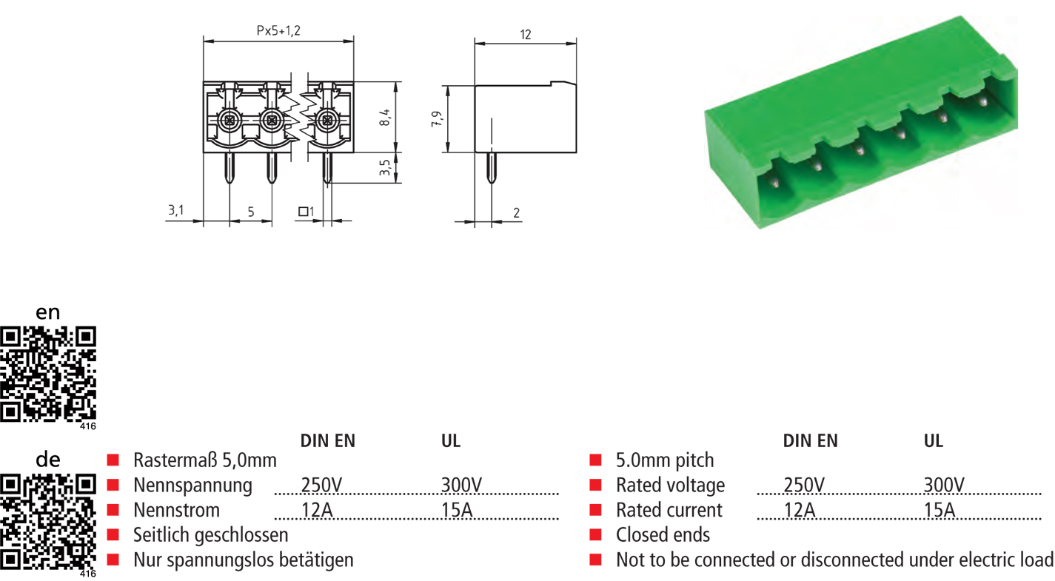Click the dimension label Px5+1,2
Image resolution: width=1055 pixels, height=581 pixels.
click(278, 31)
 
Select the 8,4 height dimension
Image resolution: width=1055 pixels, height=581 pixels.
click(385, 116)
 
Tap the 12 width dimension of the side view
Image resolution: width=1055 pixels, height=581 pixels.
click(526, 35)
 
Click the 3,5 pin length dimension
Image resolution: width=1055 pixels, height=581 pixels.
click(385, 168)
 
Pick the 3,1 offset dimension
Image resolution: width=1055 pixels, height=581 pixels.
click(175, 211)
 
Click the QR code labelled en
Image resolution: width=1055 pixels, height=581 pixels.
click(49, 374)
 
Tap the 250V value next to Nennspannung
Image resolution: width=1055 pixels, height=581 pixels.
click(321, 486)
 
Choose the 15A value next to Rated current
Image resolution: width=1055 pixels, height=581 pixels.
click(940, 510)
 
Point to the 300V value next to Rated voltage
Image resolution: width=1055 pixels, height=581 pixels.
click(944, 486)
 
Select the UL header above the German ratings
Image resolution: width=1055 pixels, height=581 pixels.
click(451, 441)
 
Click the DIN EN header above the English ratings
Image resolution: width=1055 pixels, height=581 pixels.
click(811, 441)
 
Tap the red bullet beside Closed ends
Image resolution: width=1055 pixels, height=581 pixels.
click(595, 535)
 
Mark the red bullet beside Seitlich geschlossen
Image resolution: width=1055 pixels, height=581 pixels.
click(113, 535)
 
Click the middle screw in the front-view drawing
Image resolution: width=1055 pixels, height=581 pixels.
click(272, 120)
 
